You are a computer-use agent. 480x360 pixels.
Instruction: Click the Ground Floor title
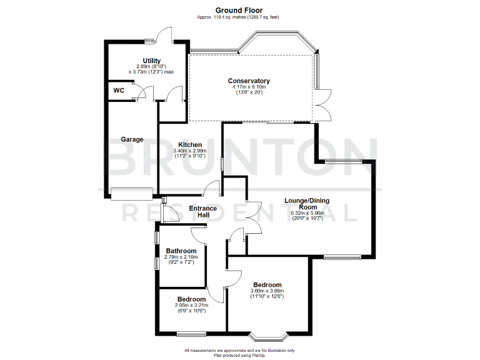coord(239,10)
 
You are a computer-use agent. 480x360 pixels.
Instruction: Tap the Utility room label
coord(151,61)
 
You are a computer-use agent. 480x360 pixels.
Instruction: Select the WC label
coord(119,91)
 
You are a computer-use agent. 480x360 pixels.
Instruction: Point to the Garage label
coord(132,139)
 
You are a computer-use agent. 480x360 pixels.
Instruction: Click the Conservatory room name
coord(249,81)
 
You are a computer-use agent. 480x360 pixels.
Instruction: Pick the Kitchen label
coord(190,145)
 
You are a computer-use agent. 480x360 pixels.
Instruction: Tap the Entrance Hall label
coord(203,211)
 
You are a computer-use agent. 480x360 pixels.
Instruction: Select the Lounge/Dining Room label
coord(307,204)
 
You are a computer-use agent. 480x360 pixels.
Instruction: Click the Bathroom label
coord(181,251)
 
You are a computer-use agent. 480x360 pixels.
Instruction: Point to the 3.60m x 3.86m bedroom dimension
coord(267,291)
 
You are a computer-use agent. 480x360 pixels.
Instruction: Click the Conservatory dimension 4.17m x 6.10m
coord(249,87)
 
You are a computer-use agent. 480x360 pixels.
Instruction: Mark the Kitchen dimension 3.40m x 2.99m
coord(190,151)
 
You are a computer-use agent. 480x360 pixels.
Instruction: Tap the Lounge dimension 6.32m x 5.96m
coord(307,213)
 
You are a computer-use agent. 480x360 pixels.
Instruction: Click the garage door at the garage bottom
coord(132,194)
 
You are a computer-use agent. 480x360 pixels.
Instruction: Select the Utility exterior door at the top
coord(164,35)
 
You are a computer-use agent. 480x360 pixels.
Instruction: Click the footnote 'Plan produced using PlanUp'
coord(239,354)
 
